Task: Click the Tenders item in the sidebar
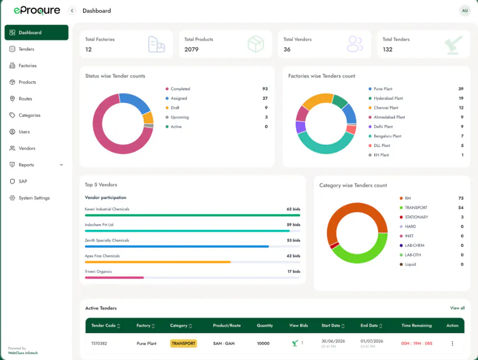click(x=26, y=49)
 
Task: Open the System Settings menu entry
click(x=34, y=198)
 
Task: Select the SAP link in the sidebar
click(x=23, y=181)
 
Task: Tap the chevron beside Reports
click(x=61, y=165)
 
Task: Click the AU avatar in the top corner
click(x=465, y=11)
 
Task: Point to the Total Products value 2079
click(x=191, y=49)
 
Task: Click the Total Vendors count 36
click(x=287, y=49)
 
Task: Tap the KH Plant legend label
click(x=382, y=155)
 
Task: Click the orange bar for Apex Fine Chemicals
click(x=158, y=262)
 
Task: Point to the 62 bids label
click(x=293, y=209)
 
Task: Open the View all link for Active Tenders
click(x=457, y=308)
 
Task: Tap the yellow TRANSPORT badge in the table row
click(x=183, y=343)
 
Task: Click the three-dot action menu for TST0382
click(x=452, y=343)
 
